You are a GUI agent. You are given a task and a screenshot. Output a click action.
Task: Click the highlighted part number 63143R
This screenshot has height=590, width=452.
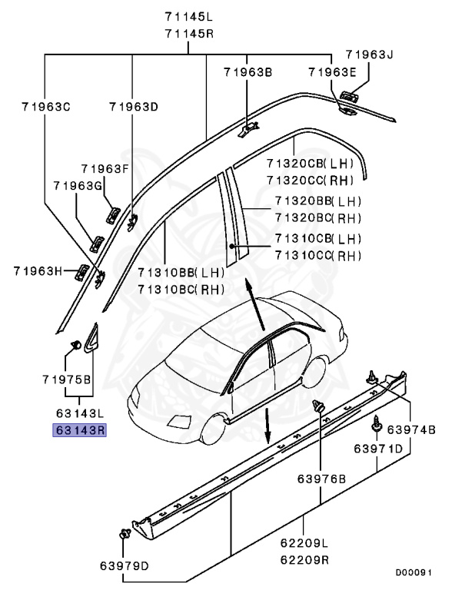[x=78, y=430]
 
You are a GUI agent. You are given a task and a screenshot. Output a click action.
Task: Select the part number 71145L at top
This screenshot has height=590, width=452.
[x=189, y=16]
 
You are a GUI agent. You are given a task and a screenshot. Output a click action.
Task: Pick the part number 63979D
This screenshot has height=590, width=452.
[x=124, y=567]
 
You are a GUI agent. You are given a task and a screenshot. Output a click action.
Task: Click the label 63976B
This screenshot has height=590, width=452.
[x=323, y=479]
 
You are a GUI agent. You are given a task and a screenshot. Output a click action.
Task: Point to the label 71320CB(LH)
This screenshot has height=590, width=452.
[x=309, y=164]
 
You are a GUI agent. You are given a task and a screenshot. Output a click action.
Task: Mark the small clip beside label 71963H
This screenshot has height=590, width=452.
[x=81, y=270]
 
